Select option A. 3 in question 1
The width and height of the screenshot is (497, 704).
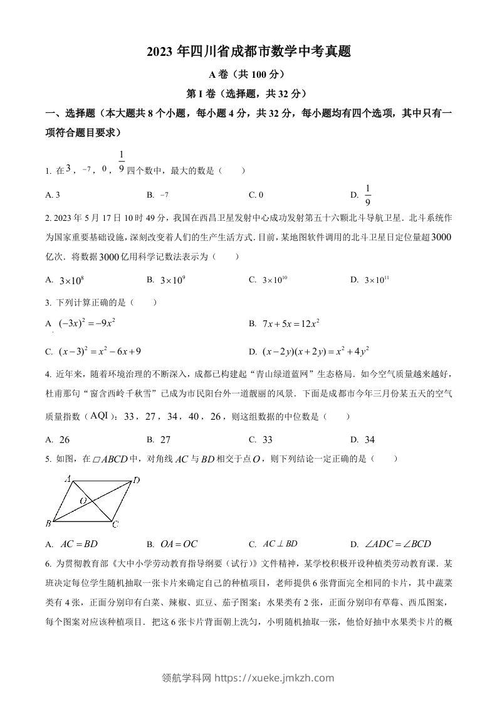(x=53, y=195)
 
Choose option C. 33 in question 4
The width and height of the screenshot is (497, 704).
(x=261, y=440)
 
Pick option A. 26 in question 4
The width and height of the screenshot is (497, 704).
(x=58, y=440)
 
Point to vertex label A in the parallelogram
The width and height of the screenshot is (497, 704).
(x=68, y=478)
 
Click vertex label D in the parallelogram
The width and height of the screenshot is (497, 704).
(x=137, y=481)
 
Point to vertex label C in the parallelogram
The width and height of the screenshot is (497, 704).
(x=116, y=524)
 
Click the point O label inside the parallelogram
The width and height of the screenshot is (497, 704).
(x=83, y=501)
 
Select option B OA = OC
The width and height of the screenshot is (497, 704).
(x=167, y=544)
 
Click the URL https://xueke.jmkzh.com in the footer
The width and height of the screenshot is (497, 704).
(x=275, y=678)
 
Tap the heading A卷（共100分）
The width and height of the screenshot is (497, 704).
(x=248, y=75)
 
